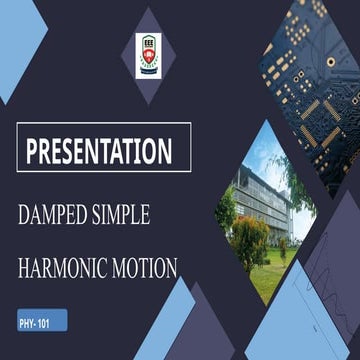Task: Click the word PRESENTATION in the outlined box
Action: (x=98, y=151)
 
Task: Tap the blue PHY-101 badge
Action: (x=41, y=323)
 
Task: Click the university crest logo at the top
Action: (x=148, y=54)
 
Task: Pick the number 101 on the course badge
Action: (x=49, y=323)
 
